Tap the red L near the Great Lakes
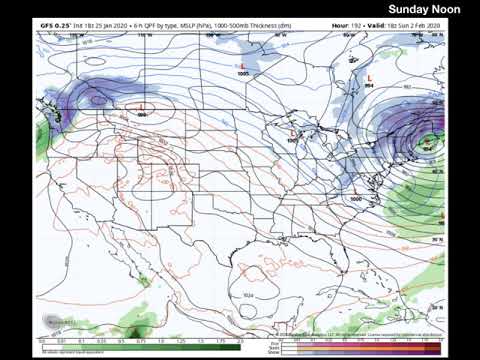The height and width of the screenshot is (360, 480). (x=292, y=132)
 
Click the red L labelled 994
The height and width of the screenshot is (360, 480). (x=371, y=76)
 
